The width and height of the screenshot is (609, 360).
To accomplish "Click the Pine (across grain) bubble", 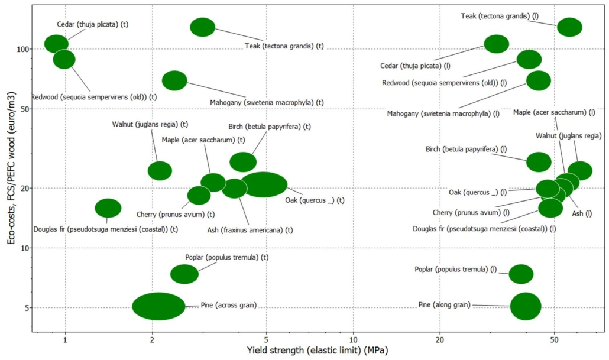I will pyautogui.click(x=158, y=306).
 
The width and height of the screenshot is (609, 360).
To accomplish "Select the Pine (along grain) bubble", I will pyautogui.click(x=526, y=306).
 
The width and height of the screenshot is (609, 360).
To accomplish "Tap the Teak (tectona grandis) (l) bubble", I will pyautogui.click(x=569, y=27).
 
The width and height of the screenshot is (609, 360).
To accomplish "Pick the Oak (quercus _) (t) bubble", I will pyautogui.click(x=264, y=184).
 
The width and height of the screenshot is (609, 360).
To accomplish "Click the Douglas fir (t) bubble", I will pyautogui.click(x=108, y=207).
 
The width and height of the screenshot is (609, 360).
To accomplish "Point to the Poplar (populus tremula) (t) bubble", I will pyautogui.click(x=184, y=274).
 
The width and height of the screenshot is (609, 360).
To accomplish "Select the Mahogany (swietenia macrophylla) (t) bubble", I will pyautogui.click(x=174, y=80).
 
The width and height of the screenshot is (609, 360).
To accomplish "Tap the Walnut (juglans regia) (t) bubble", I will pyautogui.click(x=160, y=170).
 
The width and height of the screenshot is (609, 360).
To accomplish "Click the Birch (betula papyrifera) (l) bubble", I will pyautogui.click(x=539, y=161).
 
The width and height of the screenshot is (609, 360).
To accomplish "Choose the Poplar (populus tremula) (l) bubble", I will pyautogui.click(x=521, y=274).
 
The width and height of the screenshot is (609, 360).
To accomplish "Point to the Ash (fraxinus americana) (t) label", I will pyautogui.click(x=250, y=230).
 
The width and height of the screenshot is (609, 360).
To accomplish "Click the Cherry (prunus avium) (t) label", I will pyautogui.click(x=175, y=214).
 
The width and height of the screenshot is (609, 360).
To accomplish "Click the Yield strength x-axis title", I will pyautogui.click(x=317, y=351).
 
